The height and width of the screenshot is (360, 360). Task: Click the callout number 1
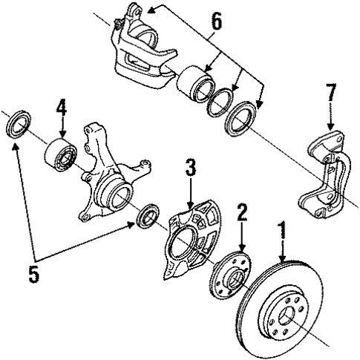[282, 231]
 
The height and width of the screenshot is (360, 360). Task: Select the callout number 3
[191, 168]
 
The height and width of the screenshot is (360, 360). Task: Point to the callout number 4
[62, 108]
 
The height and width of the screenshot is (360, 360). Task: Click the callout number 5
[33, 274]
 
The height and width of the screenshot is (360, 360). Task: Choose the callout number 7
[331, 92]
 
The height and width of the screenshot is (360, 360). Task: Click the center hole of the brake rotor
[287, 316]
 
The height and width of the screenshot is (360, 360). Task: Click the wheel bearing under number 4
[61, 155]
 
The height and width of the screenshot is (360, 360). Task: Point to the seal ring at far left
[18, 125]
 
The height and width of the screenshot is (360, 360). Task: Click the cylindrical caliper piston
[195, 83]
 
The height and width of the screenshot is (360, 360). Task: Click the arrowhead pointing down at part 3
[190, 205]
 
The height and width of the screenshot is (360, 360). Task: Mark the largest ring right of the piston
[240, 118]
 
